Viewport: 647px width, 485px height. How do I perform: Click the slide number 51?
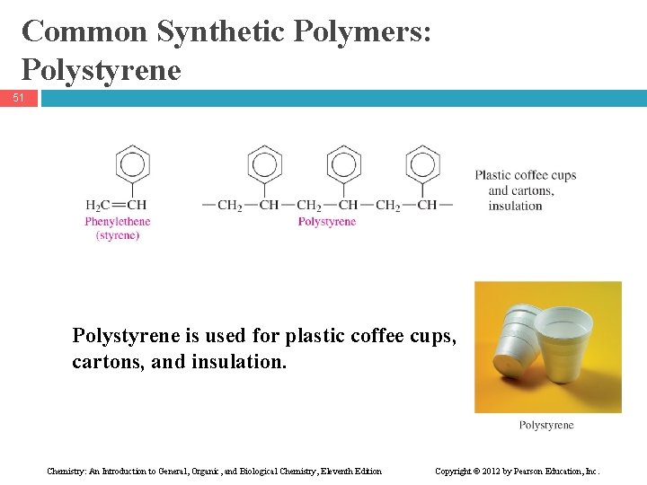19,97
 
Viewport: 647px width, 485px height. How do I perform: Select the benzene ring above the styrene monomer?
132,163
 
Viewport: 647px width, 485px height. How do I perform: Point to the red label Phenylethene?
118,221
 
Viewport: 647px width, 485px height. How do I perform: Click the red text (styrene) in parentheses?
118,235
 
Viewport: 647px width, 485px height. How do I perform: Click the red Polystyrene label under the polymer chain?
326,221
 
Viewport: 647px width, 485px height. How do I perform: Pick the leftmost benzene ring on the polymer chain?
264,163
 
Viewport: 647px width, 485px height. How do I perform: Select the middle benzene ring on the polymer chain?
343,163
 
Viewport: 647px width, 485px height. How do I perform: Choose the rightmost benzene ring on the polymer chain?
422,163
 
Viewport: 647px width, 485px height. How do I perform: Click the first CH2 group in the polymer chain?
230,205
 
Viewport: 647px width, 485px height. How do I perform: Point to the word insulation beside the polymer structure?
515,206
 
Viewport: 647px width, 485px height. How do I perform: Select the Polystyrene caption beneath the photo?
546,425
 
